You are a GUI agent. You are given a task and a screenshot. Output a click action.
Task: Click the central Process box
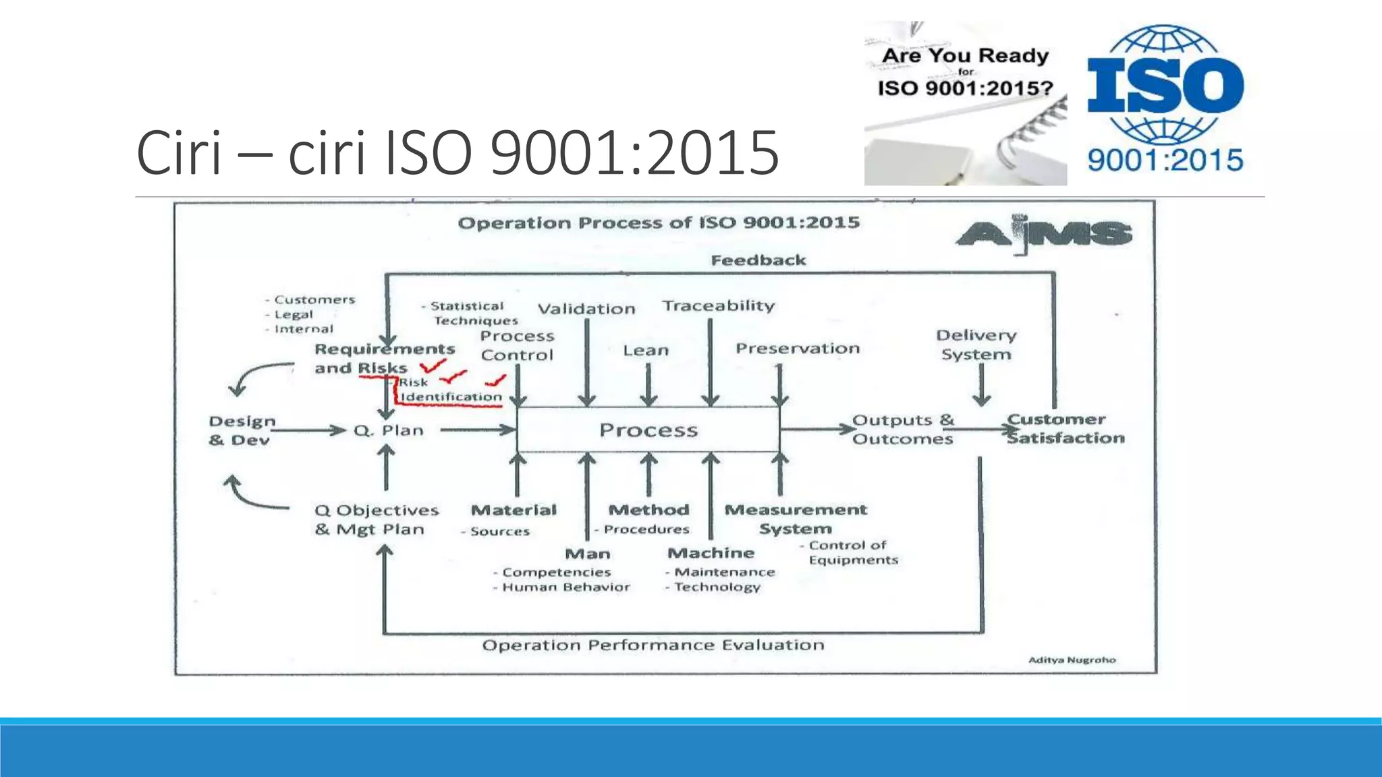click(648, 430)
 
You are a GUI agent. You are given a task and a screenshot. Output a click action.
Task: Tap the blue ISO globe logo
click(1165, 98)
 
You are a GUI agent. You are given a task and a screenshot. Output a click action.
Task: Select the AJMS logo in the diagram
click(1044, 235)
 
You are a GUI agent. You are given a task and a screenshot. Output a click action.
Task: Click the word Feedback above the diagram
click(758, 260)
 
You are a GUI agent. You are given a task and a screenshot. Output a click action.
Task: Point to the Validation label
click(586, 309)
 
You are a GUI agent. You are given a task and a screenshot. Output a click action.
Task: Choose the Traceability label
click(719, 306)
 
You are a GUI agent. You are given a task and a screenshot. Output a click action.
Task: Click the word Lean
click(646, 351)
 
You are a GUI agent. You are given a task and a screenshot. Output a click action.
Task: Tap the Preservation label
click(798, 349)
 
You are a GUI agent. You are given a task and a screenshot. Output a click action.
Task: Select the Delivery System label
click(976, 345)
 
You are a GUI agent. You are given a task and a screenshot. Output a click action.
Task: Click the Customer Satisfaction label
click(1065, 429)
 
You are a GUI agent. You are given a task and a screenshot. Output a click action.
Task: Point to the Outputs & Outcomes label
click(903, 430)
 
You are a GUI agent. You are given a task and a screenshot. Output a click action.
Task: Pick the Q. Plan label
click(389, 430)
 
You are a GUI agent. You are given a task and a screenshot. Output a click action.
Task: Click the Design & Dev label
click(242, 430)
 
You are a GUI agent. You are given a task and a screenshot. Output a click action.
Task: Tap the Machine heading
click(711, 553)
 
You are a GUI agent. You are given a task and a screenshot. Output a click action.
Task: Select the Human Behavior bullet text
click(565, 587)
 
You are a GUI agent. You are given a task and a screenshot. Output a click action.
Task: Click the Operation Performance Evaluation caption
click(653, 645)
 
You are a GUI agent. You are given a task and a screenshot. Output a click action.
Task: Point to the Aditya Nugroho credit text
click(1072, 660)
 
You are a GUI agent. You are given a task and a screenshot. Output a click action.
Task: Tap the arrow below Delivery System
click(981, 386)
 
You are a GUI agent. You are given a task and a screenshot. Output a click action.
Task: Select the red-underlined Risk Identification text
click(451, 391)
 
